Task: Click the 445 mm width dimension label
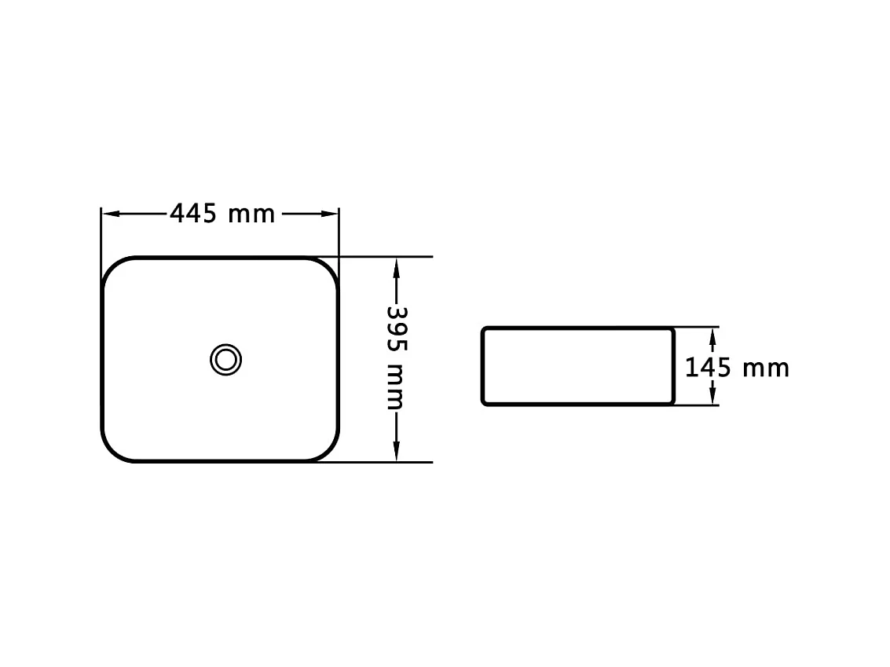tap(222, 213)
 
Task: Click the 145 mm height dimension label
tap(737, 367)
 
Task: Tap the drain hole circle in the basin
tap(225, 359)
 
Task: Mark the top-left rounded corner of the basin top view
tap(115, 269)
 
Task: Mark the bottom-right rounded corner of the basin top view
tap(327, 450)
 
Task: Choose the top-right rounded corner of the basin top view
tap(327, 269)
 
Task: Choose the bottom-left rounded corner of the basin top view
tap(115, 450)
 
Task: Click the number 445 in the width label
tap(193, 213)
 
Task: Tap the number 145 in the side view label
tap(709, 367)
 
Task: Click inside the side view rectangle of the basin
tap(577, 366)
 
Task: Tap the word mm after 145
tap(766, 368)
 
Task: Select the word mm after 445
tap(251, 214)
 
